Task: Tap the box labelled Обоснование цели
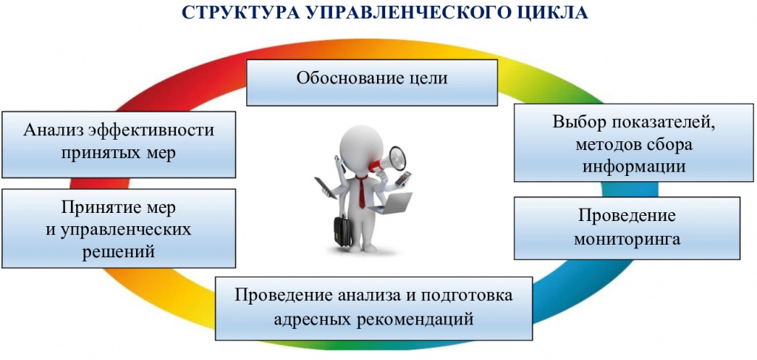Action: coord(372,83)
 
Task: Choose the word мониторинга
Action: coord(627,238)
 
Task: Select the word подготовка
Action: coord(466,295)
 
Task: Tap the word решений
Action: coord(119,251)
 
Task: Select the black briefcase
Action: coord(343,230)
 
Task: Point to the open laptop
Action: coord(392,203)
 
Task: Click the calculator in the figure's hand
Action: coord(402,179)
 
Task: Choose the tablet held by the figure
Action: coord(325,187)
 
